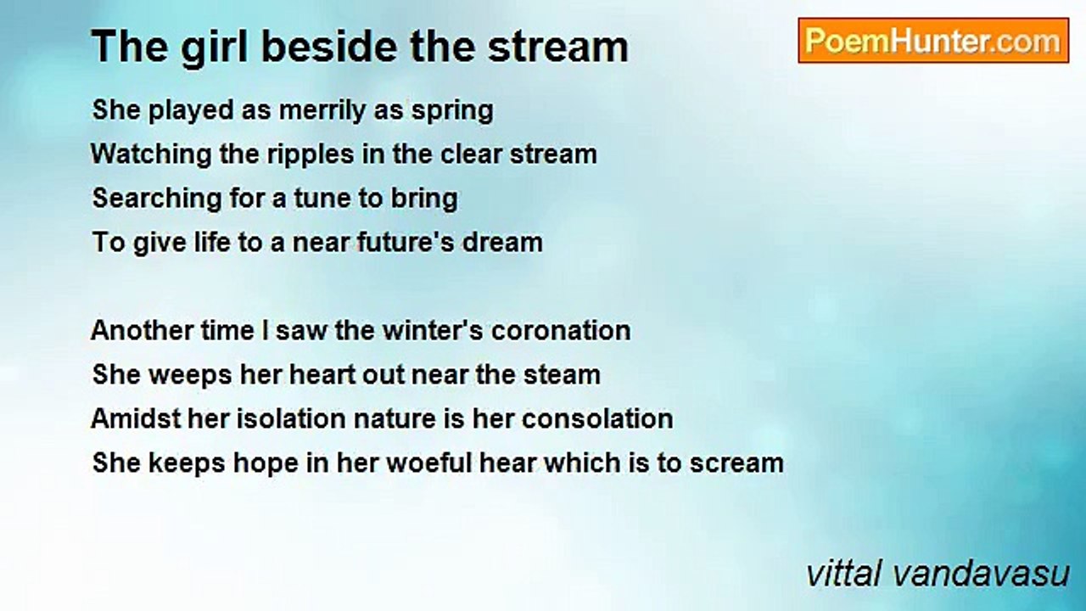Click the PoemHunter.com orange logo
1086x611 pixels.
[933, 41]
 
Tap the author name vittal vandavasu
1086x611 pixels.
[938, 575]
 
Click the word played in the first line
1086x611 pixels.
[191, 111]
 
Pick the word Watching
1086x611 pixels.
[151, 155]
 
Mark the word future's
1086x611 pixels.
[406, 243]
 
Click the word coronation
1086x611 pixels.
[561, 331]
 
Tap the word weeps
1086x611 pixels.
[190, 376]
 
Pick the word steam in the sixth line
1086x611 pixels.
[562, 375]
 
